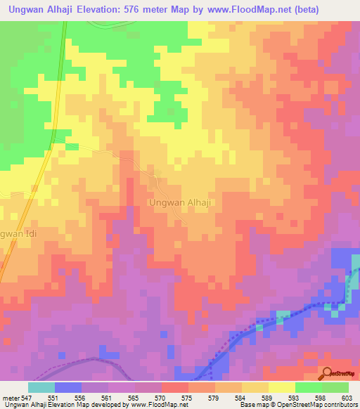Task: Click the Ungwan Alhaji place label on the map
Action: (181, 202)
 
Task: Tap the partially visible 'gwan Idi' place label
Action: (14, 233)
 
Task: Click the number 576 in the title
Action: (156, 10)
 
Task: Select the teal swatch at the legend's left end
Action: (41, 387)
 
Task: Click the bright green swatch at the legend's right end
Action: (335, 387)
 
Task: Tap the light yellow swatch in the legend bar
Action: (281, 387)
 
